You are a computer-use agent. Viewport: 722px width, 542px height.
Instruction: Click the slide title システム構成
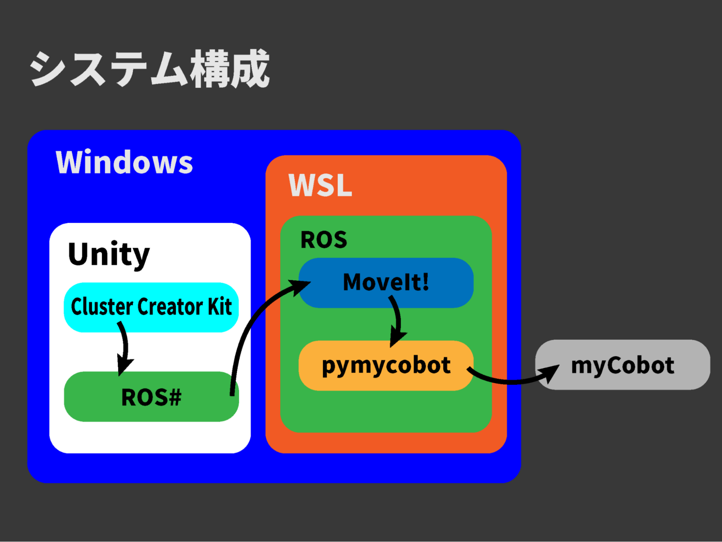coord(150,69)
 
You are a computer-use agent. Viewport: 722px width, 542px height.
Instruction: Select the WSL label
coord(320,185)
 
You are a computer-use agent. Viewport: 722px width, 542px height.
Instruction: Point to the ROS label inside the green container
coord(324,240)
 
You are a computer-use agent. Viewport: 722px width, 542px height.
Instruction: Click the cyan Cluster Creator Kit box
coord(151,307)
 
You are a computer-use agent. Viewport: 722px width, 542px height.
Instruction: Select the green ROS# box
coord(151,396)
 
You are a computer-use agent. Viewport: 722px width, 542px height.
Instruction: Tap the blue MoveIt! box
coord(386,282)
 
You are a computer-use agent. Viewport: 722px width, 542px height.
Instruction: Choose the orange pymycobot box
coord(386,366)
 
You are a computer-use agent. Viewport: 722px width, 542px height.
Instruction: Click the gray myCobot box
coord(623,365)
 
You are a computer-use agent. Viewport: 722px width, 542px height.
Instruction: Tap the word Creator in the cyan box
coord(170,307)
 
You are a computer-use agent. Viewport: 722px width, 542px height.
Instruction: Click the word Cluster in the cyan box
coord(102,307)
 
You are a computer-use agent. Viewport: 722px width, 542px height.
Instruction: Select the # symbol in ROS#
coord(174,397)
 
